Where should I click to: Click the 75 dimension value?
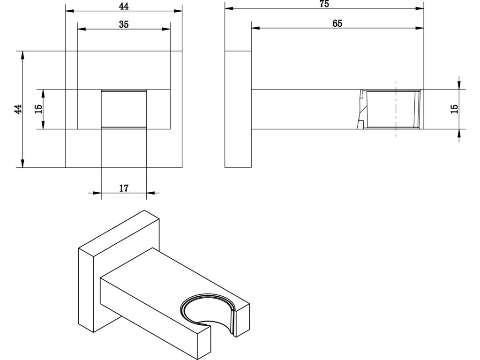pyautogui.click(x=324, y=4)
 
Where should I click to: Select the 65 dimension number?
pyautogui.click(x=337, y=23)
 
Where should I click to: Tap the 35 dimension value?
pyautogui.click(x=123, y=24)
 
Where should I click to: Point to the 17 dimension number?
pyautogui.click(x=124, y=188)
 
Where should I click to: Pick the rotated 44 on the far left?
pyautogui.click(x=18, y=109)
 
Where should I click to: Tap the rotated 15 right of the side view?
pyautogui.click(x=454, y=108)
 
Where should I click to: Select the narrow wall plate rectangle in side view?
pyautogui.click(x=238, y=109)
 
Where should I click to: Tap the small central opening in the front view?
pyautogui.click(x=124, y=109)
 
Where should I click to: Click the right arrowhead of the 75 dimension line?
pyautogui.click(x=420, y=8)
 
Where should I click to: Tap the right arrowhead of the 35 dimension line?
pyautogui.click(x=166, y=29)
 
